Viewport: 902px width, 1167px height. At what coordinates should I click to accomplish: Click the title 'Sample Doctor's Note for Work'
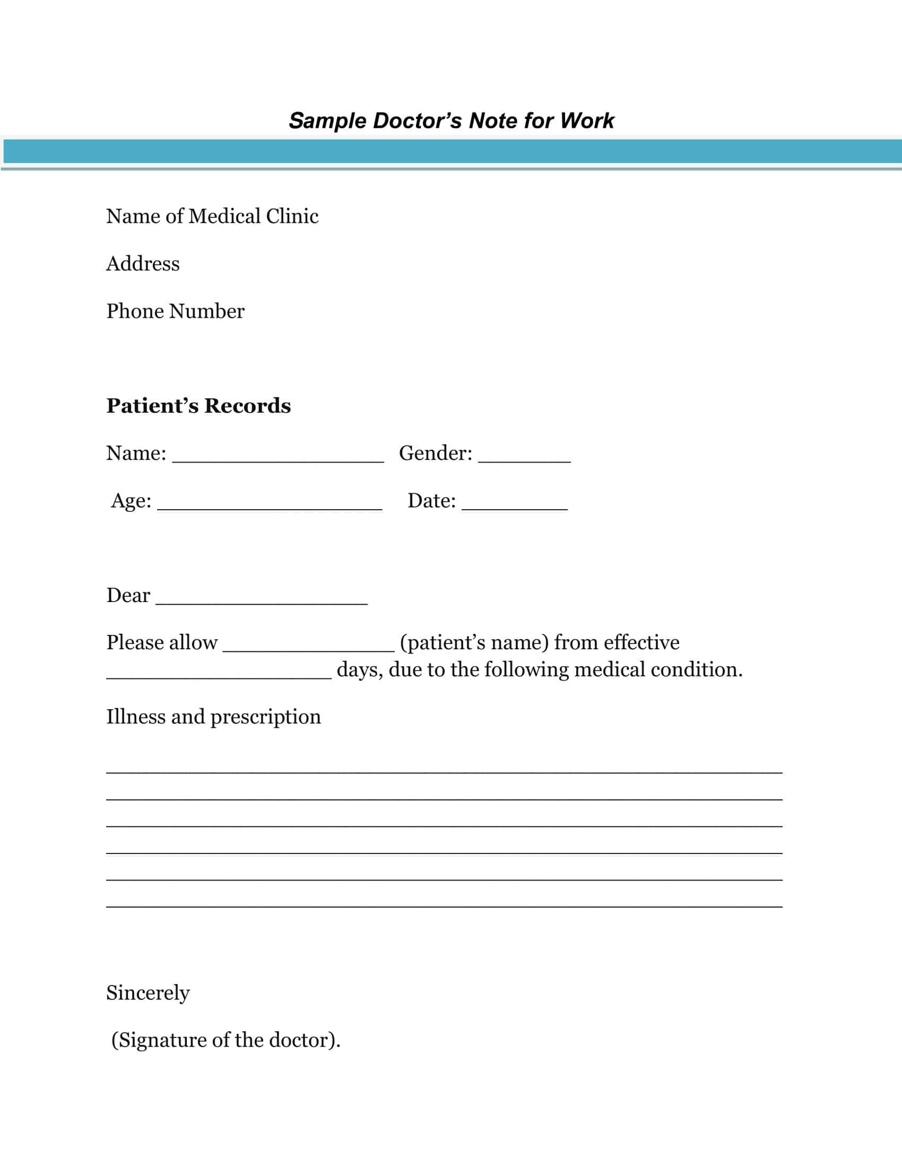[x=451, y=121]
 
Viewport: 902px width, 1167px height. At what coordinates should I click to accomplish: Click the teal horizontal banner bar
[x=451, y=151]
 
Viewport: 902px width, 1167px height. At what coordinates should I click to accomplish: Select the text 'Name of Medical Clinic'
[x=212, y=216]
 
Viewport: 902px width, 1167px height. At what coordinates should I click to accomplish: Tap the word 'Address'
[x=143, y=264]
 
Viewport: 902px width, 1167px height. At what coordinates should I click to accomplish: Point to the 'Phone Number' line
[x=175, y=311]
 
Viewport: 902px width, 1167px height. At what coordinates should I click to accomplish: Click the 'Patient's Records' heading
[x=198, y=406]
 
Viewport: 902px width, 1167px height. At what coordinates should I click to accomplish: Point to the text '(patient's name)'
[x=474, y=643]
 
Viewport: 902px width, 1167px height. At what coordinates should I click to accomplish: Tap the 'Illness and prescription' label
[x=213, y=717]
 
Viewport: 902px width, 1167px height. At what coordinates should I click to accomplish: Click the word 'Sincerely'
[x=148, y=993]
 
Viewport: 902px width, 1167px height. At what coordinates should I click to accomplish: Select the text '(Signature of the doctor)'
[x=225, y=1040]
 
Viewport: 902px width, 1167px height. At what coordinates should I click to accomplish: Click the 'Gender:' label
[x=436, y=454]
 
